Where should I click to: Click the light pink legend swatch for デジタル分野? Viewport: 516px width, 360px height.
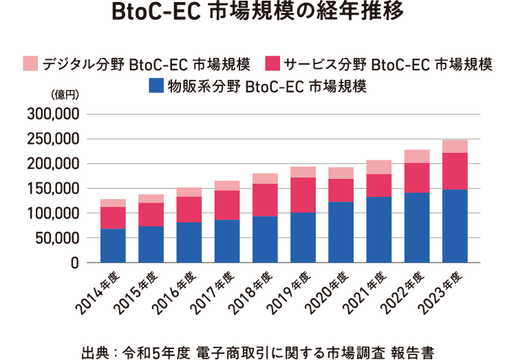tap(31, 64)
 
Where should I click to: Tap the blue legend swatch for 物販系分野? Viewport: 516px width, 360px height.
tap(158, 86)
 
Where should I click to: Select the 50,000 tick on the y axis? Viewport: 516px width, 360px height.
tap(57, 238)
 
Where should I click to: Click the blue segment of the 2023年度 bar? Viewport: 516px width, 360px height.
tap(455, 226)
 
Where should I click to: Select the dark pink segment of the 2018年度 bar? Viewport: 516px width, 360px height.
tap(265, 200)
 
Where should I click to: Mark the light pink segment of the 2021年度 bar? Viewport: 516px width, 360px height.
tap(379, 167)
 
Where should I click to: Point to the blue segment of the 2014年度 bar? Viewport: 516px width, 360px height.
tap(113, 245)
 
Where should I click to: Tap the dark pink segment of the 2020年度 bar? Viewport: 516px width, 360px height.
tap(341, 190)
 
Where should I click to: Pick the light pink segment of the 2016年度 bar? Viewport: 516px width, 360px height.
tap(189, 192)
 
